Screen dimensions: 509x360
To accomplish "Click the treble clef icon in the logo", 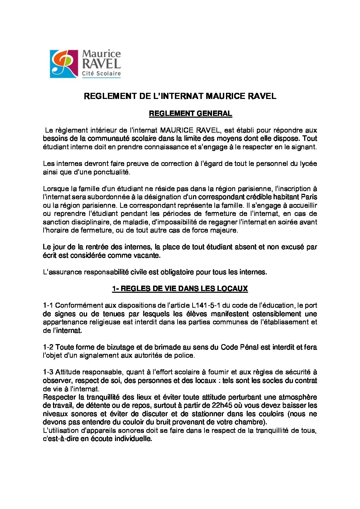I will click(64, 64).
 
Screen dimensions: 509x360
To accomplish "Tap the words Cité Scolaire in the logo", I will click(101, 73).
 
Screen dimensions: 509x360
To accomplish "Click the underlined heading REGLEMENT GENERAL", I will click(190, 114).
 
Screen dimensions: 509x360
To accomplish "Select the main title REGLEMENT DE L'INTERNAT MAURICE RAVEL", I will click(180, 96).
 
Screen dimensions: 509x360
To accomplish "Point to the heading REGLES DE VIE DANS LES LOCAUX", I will click(180, 289).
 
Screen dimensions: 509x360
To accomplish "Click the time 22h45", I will click(223, 405).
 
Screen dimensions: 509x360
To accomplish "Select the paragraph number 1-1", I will click(48, 305).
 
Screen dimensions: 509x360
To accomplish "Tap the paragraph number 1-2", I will click(48, 347).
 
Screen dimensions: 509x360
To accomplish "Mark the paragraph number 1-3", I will click(48, 372).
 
